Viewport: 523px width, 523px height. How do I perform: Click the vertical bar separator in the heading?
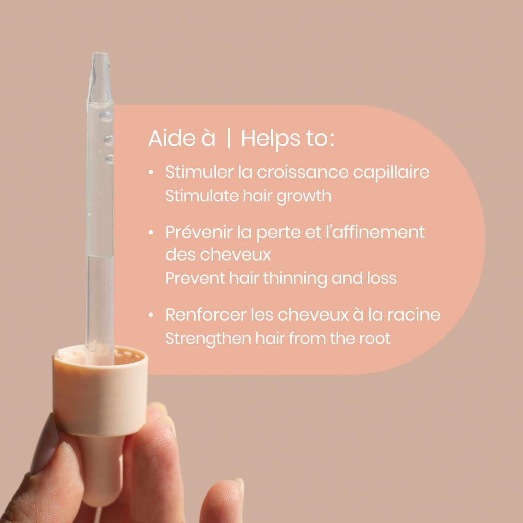pyautogui.click(x=228, y=139)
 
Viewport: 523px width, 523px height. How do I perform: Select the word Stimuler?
pyautogui.click(x=200, y=172)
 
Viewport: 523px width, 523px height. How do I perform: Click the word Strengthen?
pyautogui.click(x=208, y=339)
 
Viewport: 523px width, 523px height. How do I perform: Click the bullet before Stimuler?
pyautogui.click(x=151, y=172)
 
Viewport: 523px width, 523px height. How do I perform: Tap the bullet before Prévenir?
pyautogui.click(x=151, y=233)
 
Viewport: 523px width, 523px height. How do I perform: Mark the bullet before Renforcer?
pyautogui.click(x=151, y=315)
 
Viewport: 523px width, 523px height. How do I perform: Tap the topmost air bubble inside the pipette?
pyautogui.click(x=106, y=117)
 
